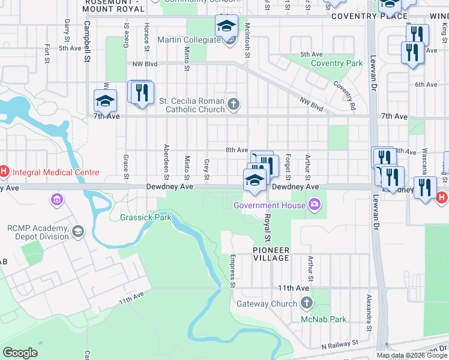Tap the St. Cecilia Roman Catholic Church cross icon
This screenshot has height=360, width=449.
click(234, 105)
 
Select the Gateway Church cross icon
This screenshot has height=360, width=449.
click(307, 304)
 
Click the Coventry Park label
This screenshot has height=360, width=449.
click(337, 63)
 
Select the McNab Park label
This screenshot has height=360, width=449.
click(324, 319)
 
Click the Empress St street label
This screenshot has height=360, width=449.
click(232, 270)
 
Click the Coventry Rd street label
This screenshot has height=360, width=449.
click(345, 95)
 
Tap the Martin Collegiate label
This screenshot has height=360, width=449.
click(189, 40)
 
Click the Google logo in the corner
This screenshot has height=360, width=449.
click(20, 353)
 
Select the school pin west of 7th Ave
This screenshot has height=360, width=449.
click(105, 101)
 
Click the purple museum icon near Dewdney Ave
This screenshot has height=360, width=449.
click(58, 199)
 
